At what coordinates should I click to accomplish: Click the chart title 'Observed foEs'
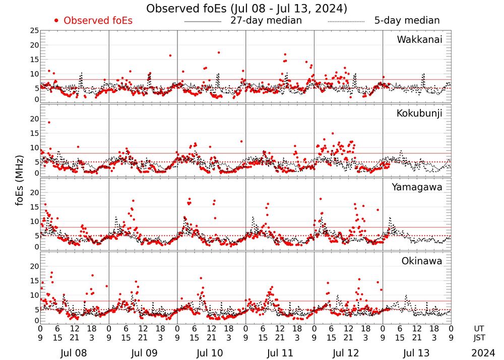pyautogui.click(x=246, y=9)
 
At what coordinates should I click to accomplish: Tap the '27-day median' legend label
pyautogui.click(x=266, y=21)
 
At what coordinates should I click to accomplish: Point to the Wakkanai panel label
pyautogui.click(x=419, y=40)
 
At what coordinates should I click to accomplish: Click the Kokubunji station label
pyautogui.click(x=418, y=113)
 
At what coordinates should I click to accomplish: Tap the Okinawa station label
pyautogui.click(x=421, y=261)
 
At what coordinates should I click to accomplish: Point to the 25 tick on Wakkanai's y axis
pyautogui.click(x=34, y=31)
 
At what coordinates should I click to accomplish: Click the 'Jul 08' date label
pyautogui.click(x=74, y=352)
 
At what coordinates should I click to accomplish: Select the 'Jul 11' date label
pyautogui.click(x=279, y=352)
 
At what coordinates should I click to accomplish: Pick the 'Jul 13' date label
pyautogui.click(x=416, y=352)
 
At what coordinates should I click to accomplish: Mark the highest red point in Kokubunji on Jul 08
pyautogui.click(x=49, y=123)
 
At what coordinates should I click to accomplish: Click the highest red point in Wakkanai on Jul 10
pyautogui.click(x=218, y=52)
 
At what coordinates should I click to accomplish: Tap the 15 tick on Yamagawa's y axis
pyautogui.click(x=34, y=207)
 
